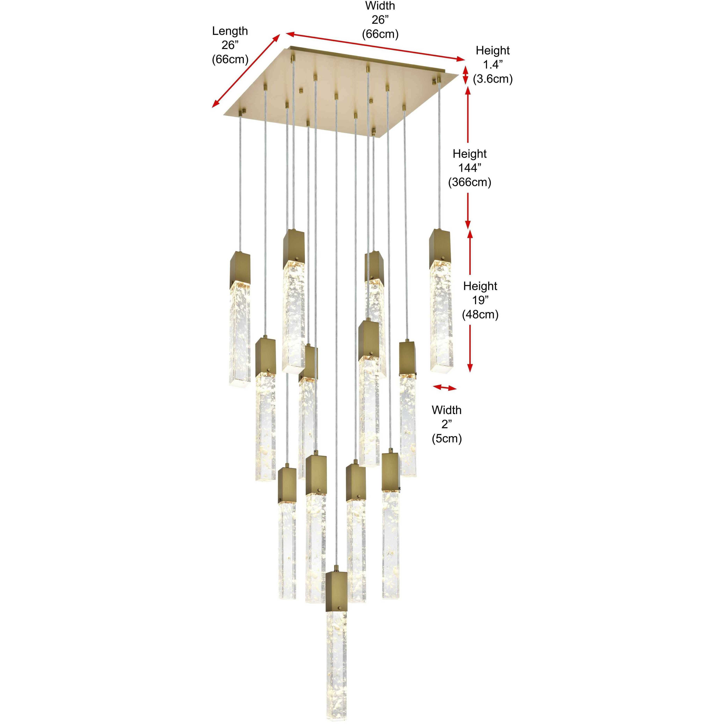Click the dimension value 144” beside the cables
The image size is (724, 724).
coord(470,168)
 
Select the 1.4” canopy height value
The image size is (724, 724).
coord(492,65)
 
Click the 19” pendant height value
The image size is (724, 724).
coord(480,300)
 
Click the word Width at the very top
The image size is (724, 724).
coord(380,6)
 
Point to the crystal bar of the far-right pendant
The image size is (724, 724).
coord(440,315)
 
